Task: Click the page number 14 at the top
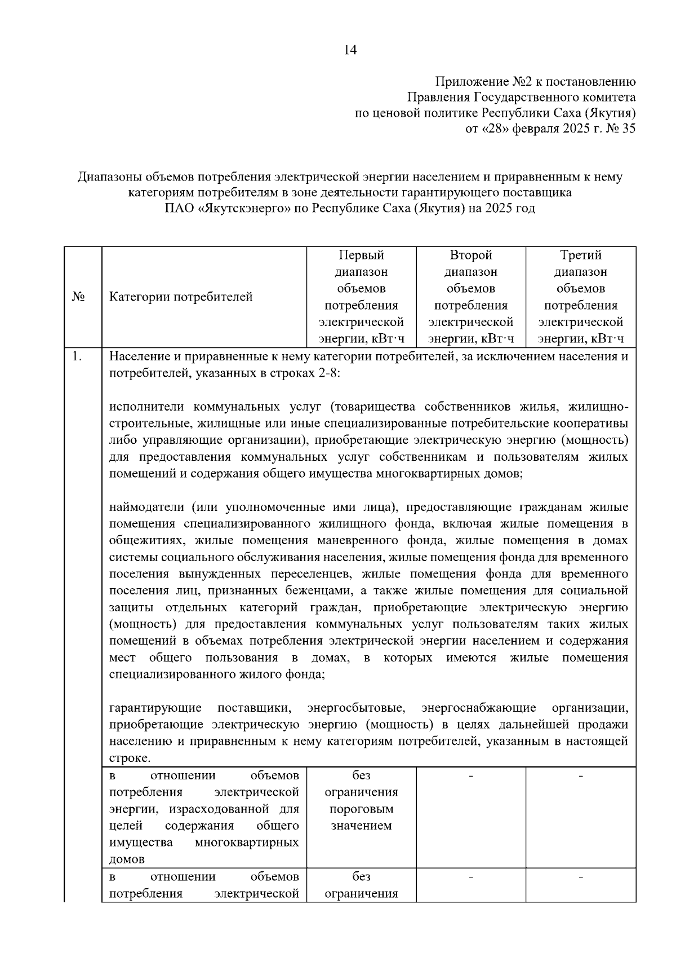tap(350, 50)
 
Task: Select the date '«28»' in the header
tap(495, 129)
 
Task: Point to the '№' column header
tap(79, 297)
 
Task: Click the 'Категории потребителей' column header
tap(181, 297)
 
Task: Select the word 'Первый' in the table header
tap(361, 255)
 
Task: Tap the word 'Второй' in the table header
tap(470, 255)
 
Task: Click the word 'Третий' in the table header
tap(581, 255)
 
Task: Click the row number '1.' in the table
tap(78, 357)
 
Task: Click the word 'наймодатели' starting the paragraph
tap(146, 507)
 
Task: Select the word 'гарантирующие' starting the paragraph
tap(155, 708)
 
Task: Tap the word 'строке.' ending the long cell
tap(130, 758)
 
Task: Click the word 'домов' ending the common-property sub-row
tap(127, 859)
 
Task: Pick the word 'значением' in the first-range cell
tap(361, 826)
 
